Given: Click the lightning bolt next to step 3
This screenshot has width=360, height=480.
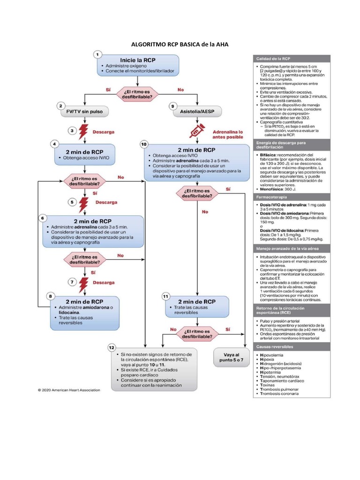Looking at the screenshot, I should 83,132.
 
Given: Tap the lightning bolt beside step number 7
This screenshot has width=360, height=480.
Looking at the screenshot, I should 83,283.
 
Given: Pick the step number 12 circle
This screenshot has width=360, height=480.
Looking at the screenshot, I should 112,348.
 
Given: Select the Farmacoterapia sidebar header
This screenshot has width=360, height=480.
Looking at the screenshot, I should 270,198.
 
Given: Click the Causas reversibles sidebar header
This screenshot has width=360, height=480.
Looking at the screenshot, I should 275,346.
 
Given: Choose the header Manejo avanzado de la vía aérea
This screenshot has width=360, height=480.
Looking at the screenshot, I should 283,248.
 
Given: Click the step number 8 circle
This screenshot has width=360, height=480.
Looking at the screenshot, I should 51,296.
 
